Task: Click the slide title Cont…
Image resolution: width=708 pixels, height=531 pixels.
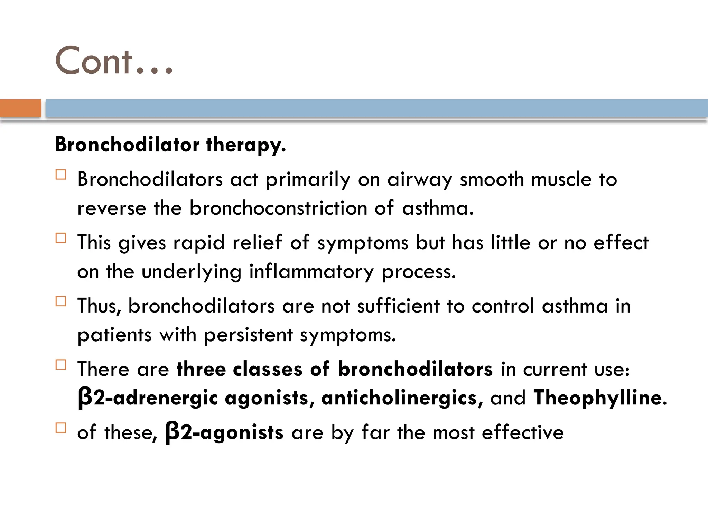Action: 113,61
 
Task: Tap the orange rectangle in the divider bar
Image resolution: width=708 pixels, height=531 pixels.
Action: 20,108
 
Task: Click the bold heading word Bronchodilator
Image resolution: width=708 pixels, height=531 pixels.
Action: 127,144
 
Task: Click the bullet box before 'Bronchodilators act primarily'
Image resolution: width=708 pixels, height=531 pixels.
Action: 61,175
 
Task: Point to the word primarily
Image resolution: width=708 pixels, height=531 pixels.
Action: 308,180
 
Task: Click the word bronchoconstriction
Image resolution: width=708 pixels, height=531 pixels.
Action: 278,208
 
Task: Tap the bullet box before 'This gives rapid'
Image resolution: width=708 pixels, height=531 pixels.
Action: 61,238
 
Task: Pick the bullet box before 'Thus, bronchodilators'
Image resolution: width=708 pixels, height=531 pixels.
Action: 61,301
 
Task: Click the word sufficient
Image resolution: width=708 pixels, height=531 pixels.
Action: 398,306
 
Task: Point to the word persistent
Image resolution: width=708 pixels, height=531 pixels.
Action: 248,335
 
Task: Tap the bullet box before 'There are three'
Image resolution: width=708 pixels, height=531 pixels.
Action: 61,364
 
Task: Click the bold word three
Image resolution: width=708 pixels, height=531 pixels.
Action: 201,369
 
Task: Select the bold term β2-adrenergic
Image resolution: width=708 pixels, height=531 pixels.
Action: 148,398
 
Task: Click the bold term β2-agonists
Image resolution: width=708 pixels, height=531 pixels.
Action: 224,432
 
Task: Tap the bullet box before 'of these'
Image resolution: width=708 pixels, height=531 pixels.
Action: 61,428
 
